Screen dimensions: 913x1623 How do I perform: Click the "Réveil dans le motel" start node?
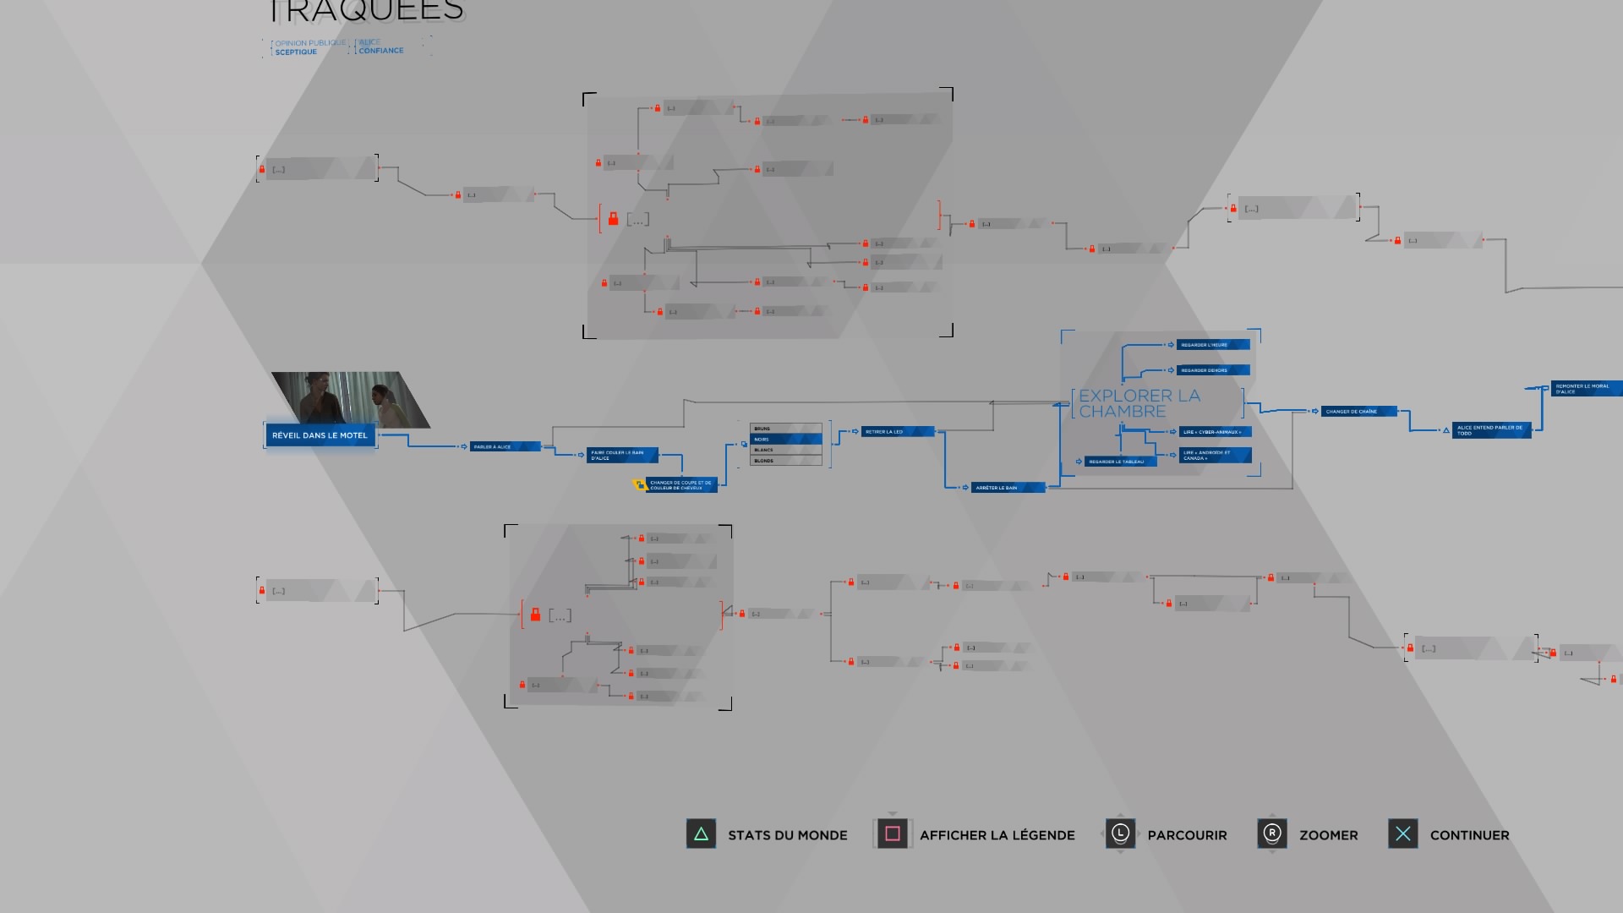320,435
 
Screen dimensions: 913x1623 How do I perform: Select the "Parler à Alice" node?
504,446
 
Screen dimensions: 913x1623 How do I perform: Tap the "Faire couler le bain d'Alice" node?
622,455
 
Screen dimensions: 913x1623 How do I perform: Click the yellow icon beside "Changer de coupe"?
640,484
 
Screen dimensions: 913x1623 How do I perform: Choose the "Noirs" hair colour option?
785,440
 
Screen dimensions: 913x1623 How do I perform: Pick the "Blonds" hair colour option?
785,461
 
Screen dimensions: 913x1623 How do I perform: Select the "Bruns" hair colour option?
785,429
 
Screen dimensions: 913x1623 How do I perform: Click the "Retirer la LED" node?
897,432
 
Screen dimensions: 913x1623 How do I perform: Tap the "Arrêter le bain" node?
1007,488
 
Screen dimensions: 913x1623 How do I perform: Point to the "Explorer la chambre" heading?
1139,403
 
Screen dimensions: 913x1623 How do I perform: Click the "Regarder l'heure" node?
1212,345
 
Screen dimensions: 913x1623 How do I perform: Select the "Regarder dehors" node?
1212,370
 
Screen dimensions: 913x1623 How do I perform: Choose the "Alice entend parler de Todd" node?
1491,430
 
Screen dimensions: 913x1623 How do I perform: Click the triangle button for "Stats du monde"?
701,834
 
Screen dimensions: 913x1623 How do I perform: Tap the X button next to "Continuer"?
1402,834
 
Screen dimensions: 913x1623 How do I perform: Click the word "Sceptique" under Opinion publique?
296,52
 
